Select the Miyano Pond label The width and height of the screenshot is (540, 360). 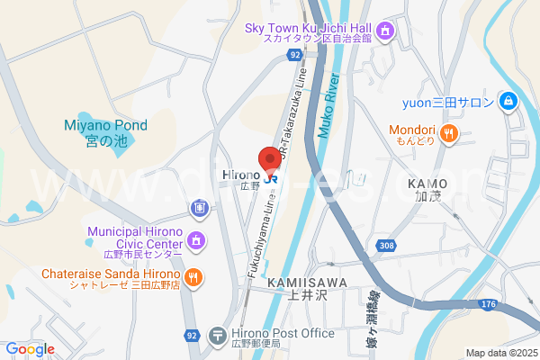(106, 133)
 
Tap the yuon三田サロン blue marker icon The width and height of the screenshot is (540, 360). (508, 100)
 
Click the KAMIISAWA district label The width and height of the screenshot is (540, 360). (292, 287)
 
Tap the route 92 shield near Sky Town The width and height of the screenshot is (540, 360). (295, 55)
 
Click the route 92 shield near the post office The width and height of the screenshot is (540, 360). (191, 336)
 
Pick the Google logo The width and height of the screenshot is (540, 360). (30, 349)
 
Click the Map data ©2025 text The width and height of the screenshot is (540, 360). (499, 353)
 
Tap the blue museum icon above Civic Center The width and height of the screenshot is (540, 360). (197, 210)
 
